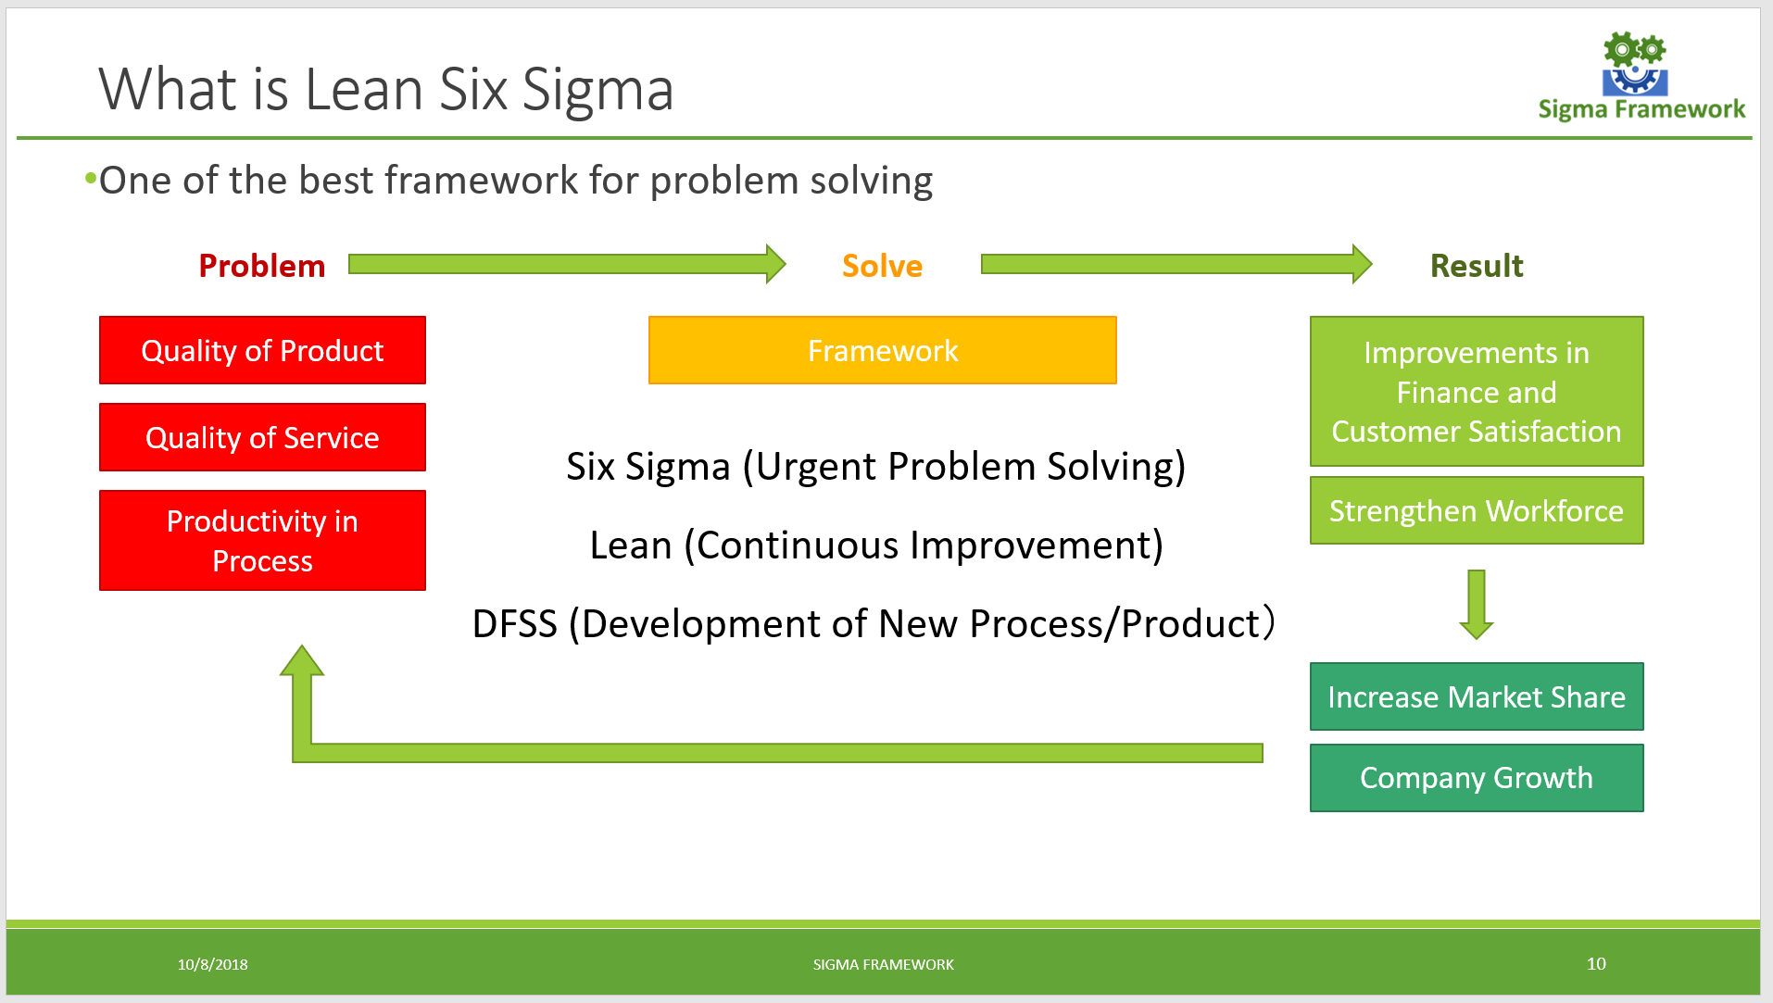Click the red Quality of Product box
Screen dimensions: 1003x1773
[x=262, y=350]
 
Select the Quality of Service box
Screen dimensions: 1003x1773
[x=262, y=437]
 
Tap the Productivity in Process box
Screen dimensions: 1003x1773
[x=262, y=541]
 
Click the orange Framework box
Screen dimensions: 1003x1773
[x=882, y=350]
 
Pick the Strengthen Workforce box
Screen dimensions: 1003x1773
[x=1476, y=510]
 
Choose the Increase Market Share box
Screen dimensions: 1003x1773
[x=1476, y=696]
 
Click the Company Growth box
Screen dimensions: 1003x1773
[x=1476, y=778]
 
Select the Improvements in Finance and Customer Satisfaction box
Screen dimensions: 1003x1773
[x=1476, y=392]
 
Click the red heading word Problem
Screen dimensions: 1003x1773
[x=262, y=266]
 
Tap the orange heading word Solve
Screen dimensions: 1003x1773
[x=882, y=266]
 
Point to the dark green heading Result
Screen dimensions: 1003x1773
[x=1476, y=266]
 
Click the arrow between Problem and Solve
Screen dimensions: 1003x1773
[x=565, y=264]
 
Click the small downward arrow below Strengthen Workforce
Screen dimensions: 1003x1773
[x=1476, y=604]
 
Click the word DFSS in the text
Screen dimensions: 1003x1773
[x=514, y=624]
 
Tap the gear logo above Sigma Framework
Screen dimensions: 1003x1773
[x=1634, y=65]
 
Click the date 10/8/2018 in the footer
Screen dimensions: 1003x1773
[x=212, y=964]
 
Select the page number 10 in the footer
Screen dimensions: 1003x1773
[x=1595, y=963]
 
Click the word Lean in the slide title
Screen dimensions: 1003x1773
[x=364, y=90]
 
